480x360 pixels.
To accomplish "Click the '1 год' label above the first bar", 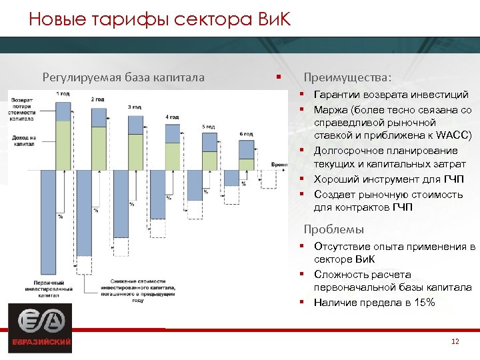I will coord(63,94).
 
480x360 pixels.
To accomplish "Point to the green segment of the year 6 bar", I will coord(246,164).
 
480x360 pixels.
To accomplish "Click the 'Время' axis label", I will coord(280,164).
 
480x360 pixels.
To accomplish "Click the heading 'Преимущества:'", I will coord(347,77).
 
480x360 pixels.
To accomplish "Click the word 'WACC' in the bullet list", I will coord(453,136).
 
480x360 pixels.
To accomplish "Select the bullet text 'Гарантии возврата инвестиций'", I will coord(391,95).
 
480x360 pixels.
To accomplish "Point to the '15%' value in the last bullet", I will coord(424,303).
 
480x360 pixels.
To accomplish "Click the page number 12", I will coord(455,342).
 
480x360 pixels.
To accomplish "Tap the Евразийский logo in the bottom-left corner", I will coord(39,328).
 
